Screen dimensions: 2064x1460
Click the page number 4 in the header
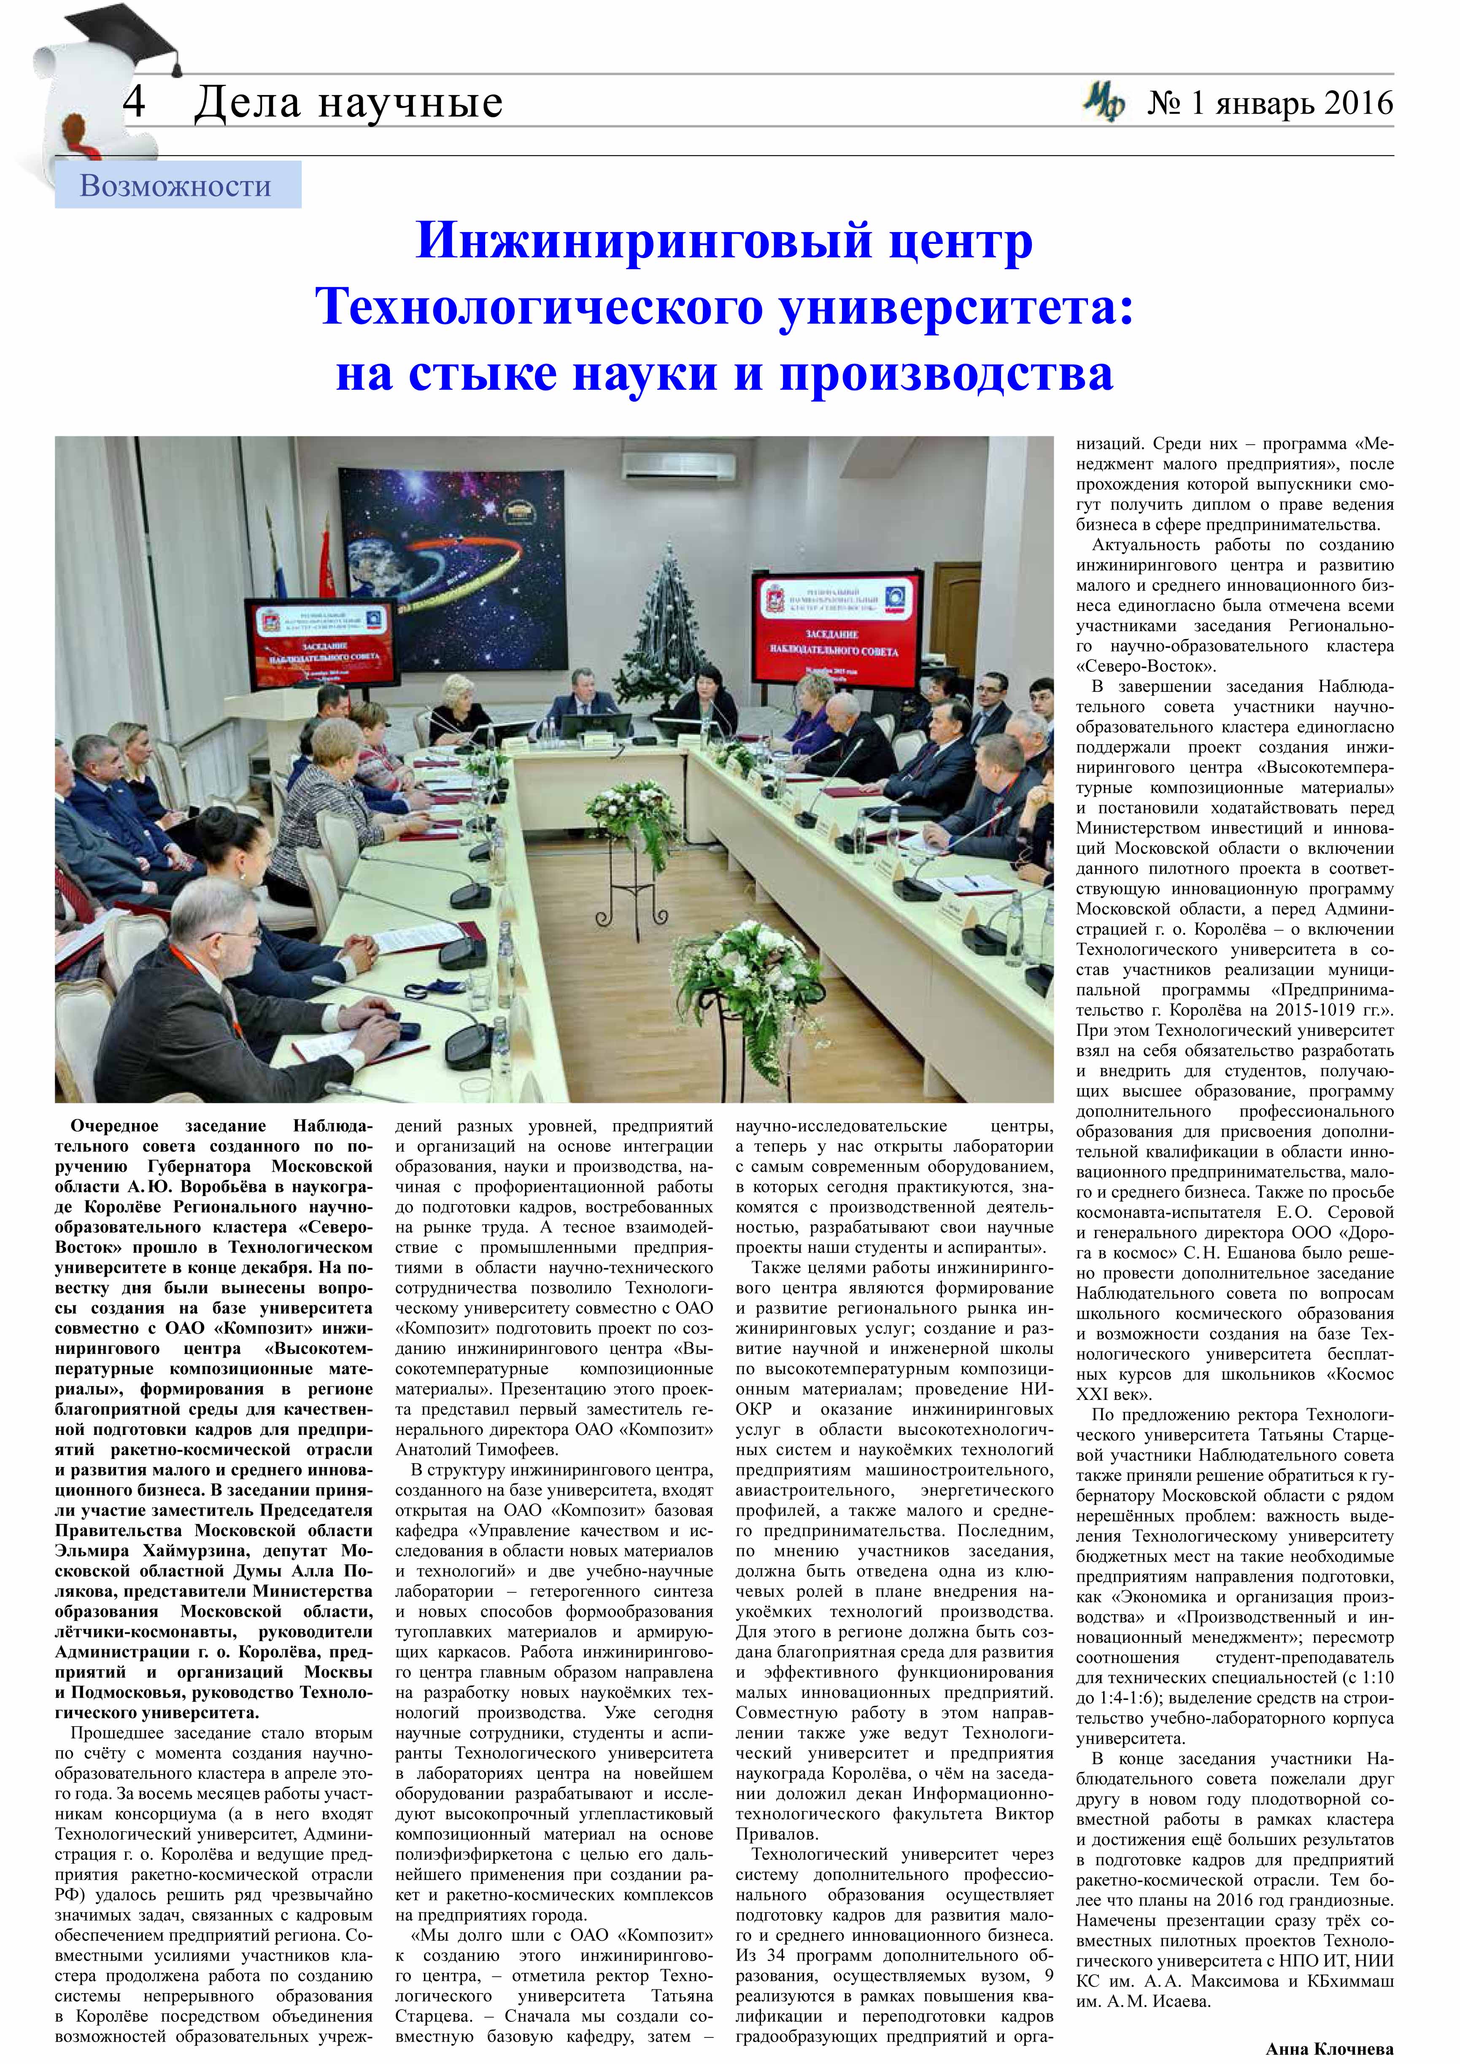[x=135, y=102]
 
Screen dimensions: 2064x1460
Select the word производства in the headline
[x=946, y=373]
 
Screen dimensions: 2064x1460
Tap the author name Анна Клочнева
[x=1329, y=2050]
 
